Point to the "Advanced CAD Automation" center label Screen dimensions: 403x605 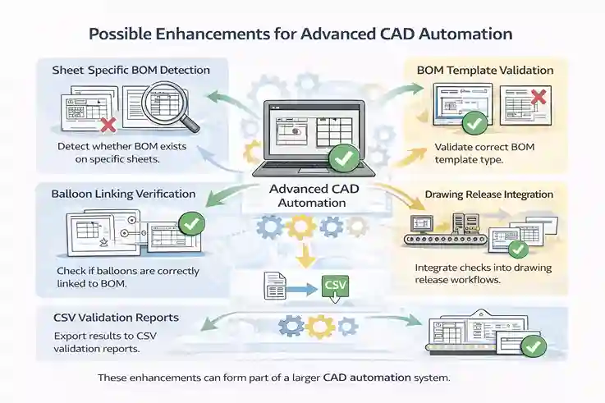click(x=300, y=196)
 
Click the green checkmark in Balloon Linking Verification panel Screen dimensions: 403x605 click(x=190, y=222)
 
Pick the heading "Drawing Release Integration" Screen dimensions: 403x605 click(x=488, y=195)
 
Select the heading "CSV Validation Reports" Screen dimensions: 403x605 click(x=116, y=317)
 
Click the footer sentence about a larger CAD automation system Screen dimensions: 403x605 click(x=274, y=378)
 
